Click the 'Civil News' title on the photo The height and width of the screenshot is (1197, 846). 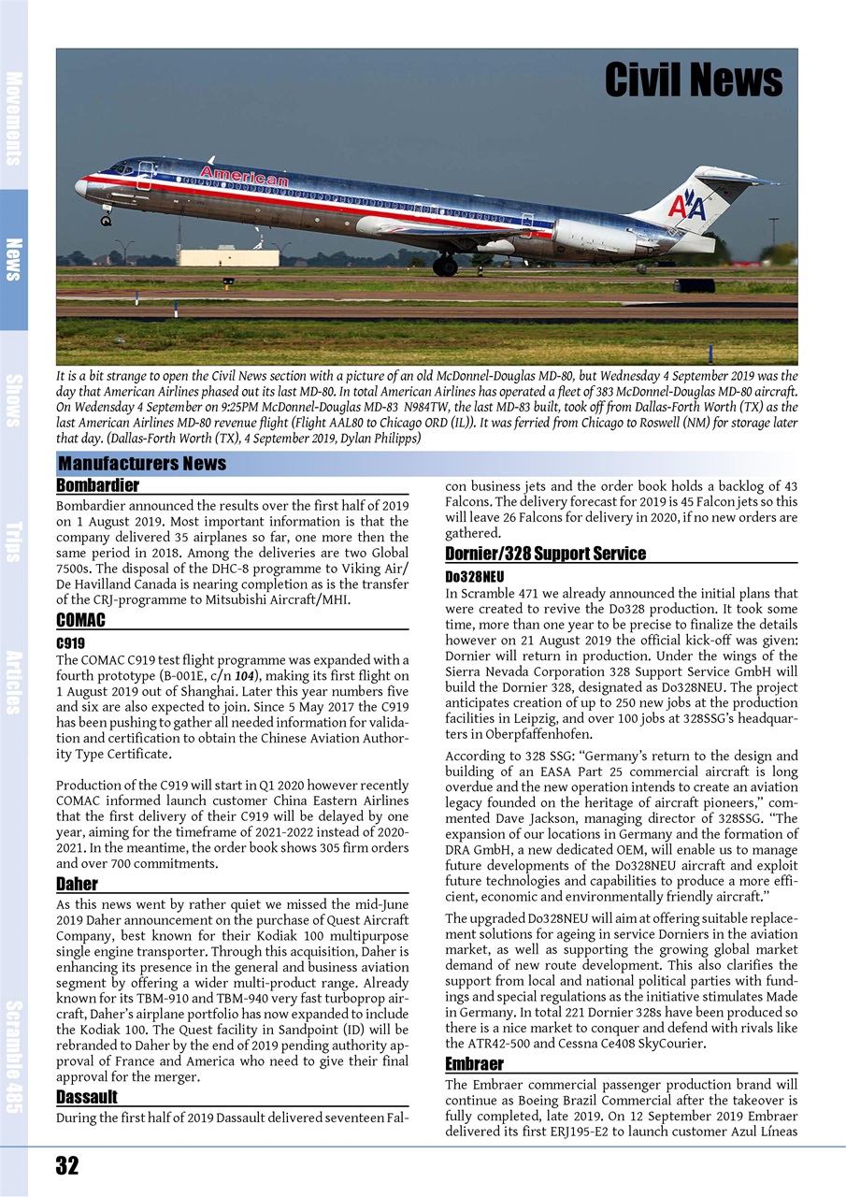(x=693, y=80)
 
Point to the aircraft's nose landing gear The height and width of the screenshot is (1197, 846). (x=107, y=218)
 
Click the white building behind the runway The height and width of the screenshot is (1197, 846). (x=228, y=256)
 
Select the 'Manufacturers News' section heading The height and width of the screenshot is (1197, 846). (x=142, y=464)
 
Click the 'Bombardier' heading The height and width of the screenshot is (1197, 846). (x=97, y=485)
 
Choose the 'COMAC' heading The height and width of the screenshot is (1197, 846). (x=80, y=620)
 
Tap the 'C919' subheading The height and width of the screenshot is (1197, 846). (x=71, y=643)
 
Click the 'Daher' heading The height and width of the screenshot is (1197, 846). (x=77, y=884)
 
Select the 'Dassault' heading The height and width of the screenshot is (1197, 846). (x=86, y=1096)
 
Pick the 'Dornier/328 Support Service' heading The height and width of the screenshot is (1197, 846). (x=545, y=554)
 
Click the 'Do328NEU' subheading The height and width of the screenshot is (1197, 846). (x=474, y=577)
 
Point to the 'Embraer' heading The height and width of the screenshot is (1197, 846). (x=474, y=1064)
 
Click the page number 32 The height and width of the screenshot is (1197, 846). (x=67, y=1165)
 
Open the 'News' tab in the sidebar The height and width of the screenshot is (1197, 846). (x=14, y=259)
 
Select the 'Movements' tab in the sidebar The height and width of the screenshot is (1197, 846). (x=14, y=117)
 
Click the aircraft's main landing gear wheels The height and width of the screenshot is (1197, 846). (x=445, y=267)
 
